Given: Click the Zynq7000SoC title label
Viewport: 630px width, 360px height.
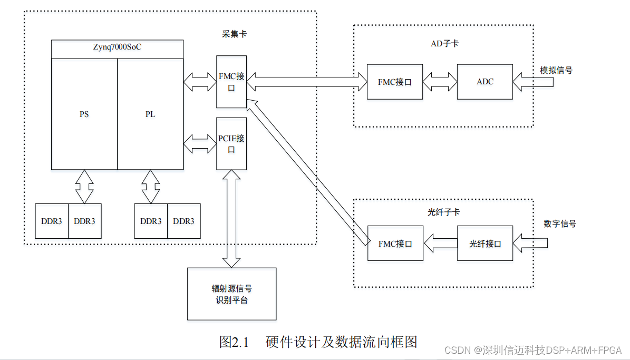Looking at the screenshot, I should click(x=117, y=47).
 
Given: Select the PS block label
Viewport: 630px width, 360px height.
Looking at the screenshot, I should click(x=84, y=114).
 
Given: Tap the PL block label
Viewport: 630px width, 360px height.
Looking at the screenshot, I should click(x=150, y=114).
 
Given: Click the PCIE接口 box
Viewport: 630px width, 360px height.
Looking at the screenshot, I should click(x=231, y=143).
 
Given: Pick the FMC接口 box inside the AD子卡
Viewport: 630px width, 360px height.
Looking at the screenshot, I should click(x=395, y=82).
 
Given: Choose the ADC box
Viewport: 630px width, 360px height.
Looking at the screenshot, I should click(x=485, y=82).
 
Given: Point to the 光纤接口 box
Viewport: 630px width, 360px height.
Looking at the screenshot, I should click(x=485, y=244).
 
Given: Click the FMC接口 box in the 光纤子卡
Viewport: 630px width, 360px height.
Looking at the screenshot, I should click(x=395, y=244).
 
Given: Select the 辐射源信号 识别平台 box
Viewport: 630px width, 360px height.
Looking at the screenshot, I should click(x=231, y=294).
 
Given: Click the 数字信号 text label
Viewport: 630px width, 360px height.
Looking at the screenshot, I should click(x=560, y=223).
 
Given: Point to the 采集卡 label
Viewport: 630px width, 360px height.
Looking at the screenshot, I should click(x=234, y=34).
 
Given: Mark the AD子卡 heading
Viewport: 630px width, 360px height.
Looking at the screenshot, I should click(x=444, y=44).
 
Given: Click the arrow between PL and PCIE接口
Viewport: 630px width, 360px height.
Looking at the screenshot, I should click(x=200, y=143).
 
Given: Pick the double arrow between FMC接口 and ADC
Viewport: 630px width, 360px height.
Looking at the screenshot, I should click(x=440, y=82).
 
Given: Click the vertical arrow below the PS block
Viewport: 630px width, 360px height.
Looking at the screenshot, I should click(x=84, y=187).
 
